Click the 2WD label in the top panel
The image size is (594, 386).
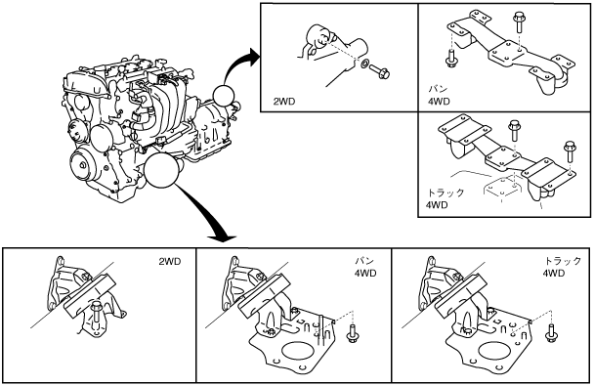pyautogui.click(x=283, y=102)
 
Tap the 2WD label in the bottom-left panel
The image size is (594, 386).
pyautogui.click(x=170, y=261)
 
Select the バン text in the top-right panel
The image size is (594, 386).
pyautogui.click(x=439, y=89)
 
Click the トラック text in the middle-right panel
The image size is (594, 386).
pyautogui.click(x=445, y=193)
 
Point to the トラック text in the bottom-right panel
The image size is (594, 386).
pyautogui.click(x=563, y=261)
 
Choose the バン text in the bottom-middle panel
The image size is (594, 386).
pyautogui.click(x=364, y=261)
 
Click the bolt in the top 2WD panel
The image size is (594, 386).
pyautogui.click(x=378, y=71)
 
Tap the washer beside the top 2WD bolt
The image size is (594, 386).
pyautogui.click(x=363, y=64)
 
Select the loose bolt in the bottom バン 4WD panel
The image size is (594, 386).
pyautogui.click(x=352, y=335)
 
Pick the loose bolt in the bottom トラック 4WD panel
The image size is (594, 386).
pyautogui.click(x=551, y=334)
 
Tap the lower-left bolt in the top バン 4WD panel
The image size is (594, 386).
pyautogui.click(x=450, y=59)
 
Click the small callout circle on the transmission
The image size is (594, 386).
pyautogui.click(x=225, y=96)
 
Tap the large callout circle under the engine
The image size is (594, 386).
pyautogui.click(x=161, y=170)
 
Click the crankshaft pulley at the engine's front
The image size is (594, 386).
pyautogui.click(x=82, y=165)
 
